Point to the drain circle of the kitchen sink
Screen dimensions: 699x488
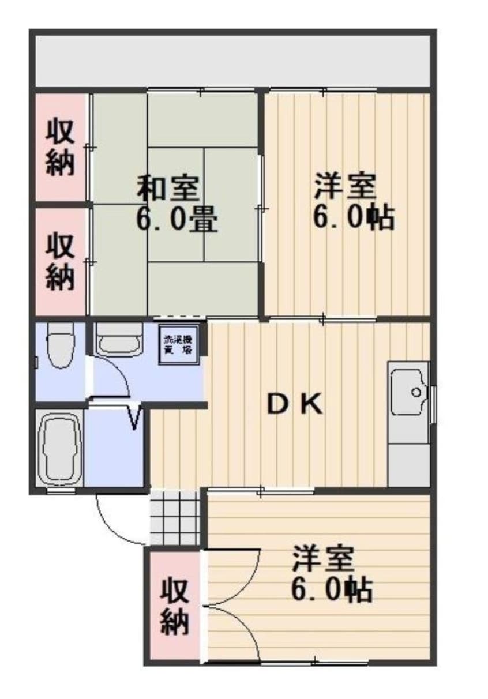click(415, 392)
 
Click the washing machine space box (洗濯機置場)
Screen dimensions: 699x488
click(177, 345)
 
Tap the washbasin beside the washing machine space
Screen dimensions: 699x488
click(118, 339)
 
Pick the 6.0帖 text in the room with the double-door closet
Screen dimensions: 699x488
click(331, 589)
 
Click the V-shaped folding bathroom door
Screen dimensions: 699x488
click(134, 417)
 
